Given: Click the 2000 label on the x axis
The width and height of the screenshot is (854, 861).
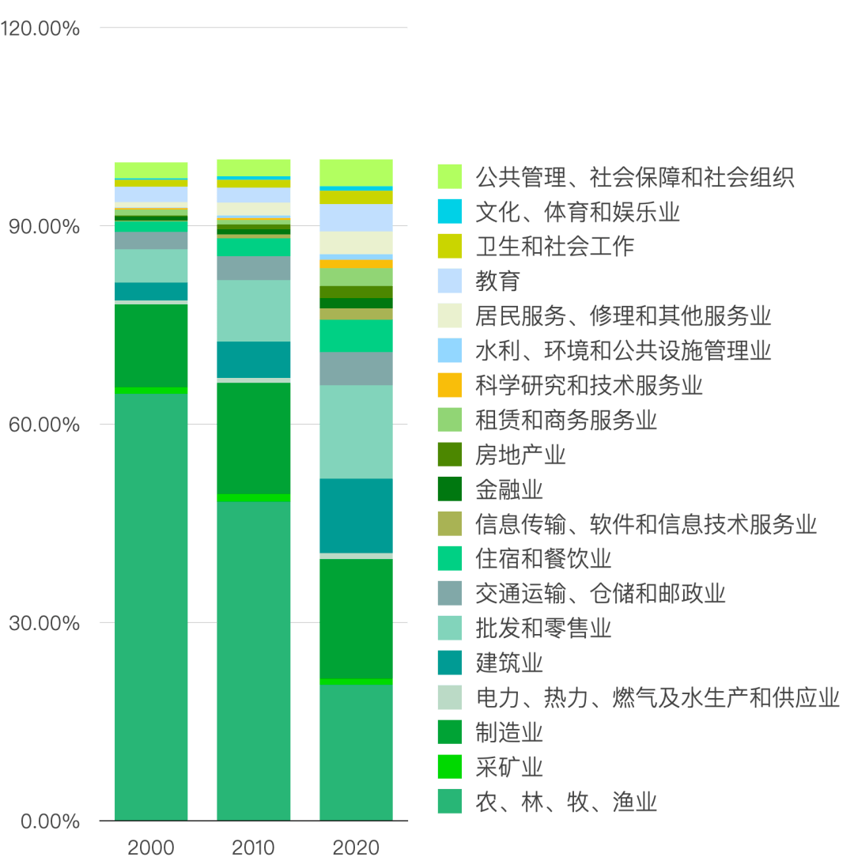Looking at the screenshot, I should (151, 848).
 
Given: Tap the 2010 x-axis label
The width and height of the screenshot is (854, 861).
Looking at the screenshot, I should (253, 848).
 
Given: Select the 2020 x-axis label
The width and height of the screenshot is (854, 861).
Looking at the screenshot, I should (356, 848).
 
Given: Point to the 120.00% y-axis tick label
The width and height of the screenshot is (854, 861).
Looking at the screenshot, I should (41, 29).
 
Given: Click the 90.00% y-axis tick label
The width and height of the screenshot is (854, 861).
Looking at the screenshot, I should (44, 228).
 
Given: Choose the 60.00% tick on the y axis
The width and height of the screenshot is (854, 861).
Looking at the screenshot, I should (44, 425).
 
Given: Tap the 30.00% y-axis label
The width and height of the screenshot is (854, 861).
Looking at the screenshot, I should (44, 624).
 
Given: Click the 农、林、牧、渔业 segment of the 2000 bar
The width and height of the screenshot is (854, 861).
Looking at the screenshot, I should (151, 606).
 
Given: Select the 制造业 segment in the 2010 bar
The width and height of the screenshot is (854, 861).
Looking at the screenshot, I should (253, 438).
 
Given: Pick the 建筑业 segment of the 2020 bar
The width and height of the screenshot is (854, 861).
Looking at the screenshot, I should (356, 515).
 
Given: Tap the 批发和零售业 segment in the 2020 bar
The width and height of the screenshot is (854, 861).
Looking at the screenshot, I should (356, 432).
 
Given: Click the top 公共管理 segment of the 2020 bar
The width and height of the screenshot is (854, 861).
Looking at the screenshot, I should (356, 172).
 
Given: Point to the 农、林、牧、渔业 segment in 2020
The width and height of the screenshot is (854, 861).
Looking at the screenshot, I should (356, 752).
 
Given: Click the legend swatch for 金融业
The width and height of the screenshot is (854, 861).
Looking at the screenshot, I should (449, 489).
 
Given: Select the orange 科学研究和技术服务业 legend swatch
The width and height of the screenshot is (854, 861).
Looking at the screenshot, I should (449, 385).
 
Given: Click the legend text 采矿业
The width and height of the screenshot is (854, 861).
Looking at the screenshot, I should (509, 767).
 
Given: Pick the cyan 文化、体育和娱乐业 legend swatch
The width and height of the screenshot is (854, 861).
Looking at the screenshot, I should (449, 211).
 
